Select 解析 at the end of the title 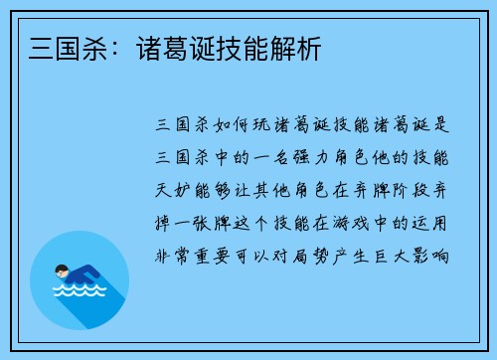point(298,47)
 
